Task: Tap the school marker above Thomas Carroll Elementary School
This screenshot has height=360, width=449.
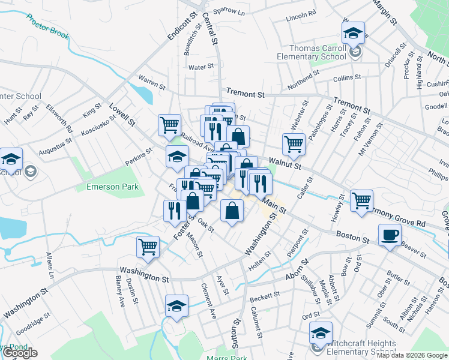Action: pyautogui.click(x=354, y=32)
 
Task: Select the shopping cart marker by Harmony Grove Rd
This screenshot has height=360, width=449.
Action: pyautogui.click(x=361, y=200)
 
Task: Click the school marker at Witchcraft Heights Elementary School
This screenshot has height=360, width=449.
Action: pyautogui.click(x=321, y=332)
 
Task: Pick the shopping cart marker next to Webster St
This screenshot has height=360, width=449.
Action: pyautogui.click(x=294, y=143)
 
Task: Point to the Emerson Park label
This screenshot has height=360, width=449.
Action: pyautogui.click(x=113, y=187)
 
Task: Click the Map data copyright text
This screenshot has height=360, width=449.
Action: pyautogui.click(x=412, y=355)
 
